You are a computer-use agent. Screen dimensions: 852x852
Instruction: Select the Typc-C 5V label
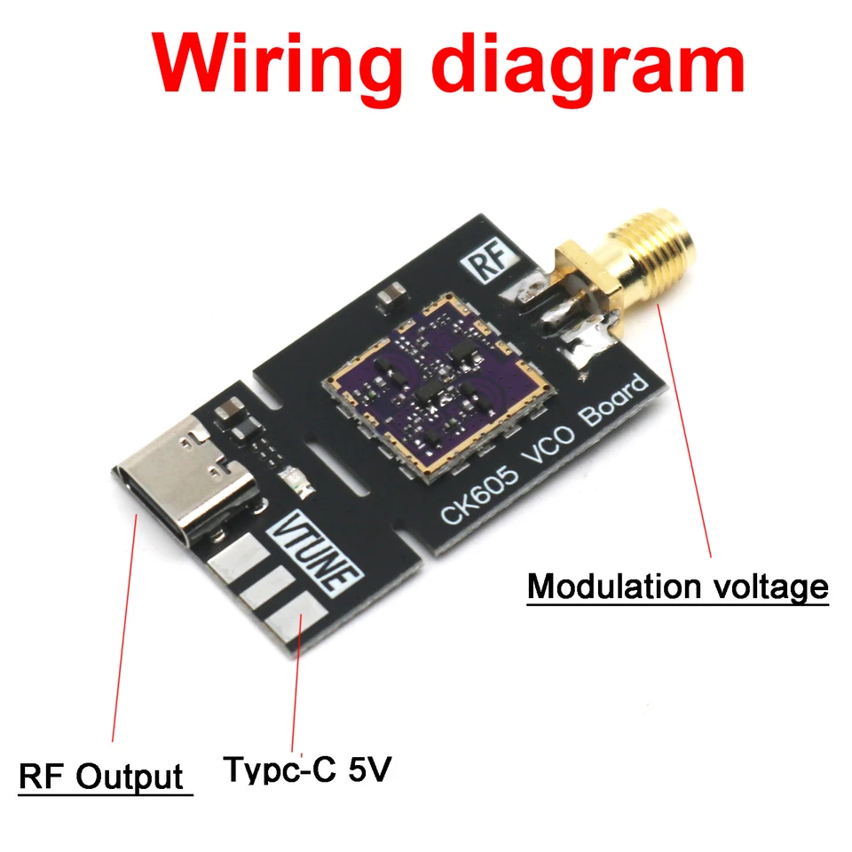(305, 769)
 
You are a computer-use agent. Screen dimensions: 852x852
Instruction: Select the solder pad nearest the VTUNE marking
(240, 558)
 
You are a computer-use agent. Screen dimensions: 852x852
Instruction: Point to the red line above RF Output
(122, 621)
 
